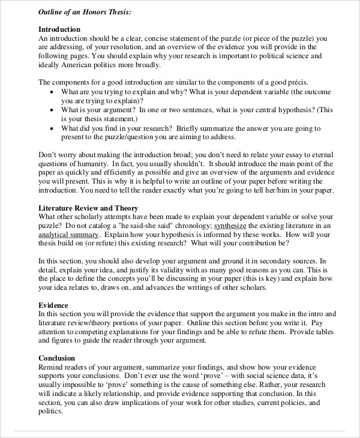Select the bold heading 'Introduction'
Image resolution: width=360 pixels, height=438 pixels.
59,29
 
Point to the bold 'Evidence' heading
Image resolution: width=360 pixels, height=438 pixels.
53,305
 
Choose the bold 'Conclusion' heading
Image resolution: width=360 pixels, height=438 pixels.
58,358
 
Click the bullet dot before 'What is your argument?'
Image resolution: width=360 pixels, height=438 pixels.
52,110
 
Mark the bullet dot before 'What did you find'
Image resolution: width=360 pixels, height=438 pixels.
52,128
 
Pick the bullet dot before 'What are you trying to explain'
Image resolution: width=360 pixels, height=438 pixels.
52,92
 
